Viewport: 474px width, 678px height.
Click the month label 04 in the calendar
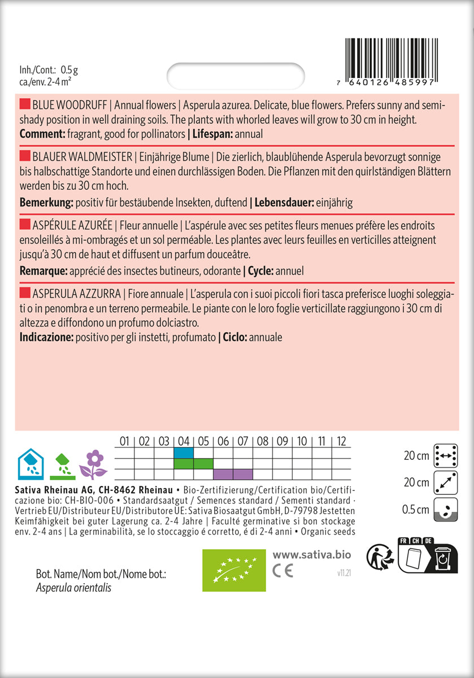183,441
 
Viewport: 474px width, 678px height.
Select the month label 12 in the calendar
341,441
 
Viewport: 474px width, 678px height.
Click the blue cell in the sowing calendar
183,453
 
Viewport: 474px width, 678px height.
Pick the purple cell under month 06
223,474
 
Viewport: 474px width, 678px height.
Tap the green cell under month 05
203,464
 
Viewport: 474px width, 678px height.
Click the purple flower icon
93,464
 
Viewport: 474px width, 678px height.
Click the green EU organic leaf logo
234,568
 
